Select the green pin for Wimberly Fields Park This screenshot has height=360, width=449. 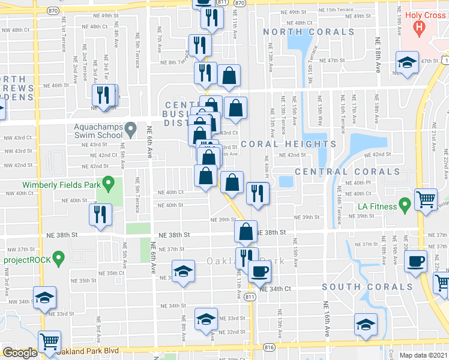tap(108, 182)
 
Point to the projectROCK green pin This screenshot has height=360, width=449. tap(58, 259)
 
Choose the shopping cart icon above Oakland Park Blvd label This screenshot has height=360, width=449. tap(49, 342)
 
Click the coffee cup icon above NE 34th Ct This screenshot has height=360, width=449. tap(259, 270)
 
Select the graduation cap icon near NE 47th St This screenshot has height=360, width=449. tap(407, 62)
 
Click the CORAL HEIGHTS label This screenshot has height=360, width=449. tap(277, 144)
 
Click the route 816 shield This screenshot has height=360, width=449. tap(268, 347)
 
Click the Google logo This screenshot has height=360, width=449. tap(20, 353)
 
